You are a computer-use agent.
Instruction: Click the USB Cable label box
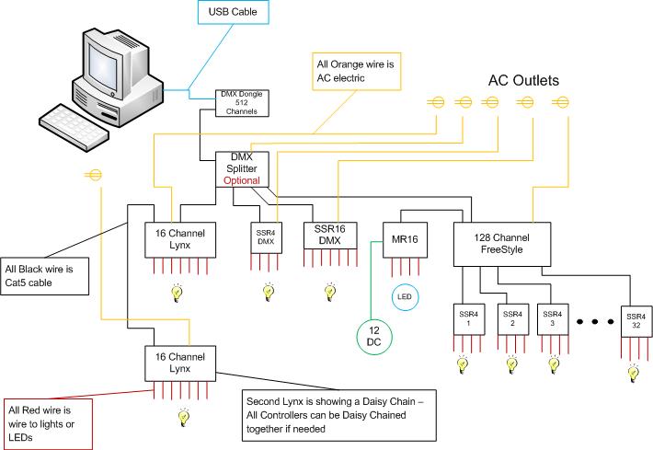click(233, 12)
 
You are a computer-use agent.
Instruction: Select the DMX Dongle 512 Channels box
click(242, 103)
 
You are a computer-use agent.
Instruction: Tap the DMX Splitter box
click(242, 169)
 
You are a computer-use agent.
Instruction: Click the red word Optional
click(242, 181)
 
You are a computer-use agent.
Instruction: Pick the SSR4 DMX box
click(266, 237)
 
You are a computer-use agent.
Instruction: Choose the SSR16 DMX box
click(330, 236)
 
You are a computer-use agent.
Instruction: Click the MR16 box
click(405, 240)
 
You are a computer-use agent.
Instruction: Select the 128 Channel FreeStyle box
click(502, 244)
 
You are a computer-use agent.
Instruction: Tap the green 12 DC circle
click(374, 337)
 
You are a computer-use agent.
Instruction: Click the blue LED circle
click(405, 297)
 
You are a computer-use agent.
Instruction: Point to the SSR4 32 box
click(636, 321)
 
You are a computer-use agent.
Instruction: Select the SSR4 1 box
click(468, 319)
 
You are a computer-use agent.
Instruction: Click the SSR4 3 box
click(553, 319)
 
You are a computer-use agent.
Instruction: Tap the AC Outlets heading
click(523, 80)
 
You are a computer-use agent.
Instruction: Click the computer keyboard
click(74, 127)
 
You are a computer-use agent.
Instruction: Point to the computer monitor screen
click(103, 66)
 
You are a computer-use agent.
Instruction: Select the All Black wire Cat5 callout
click(44, 276)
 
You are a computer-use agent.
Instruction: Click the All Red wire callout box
click(48, 424)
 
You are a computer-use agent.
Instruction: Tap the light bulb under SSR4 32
click(634, 374)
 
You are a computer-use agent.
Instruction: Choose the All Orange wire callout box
click(357, 71)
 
